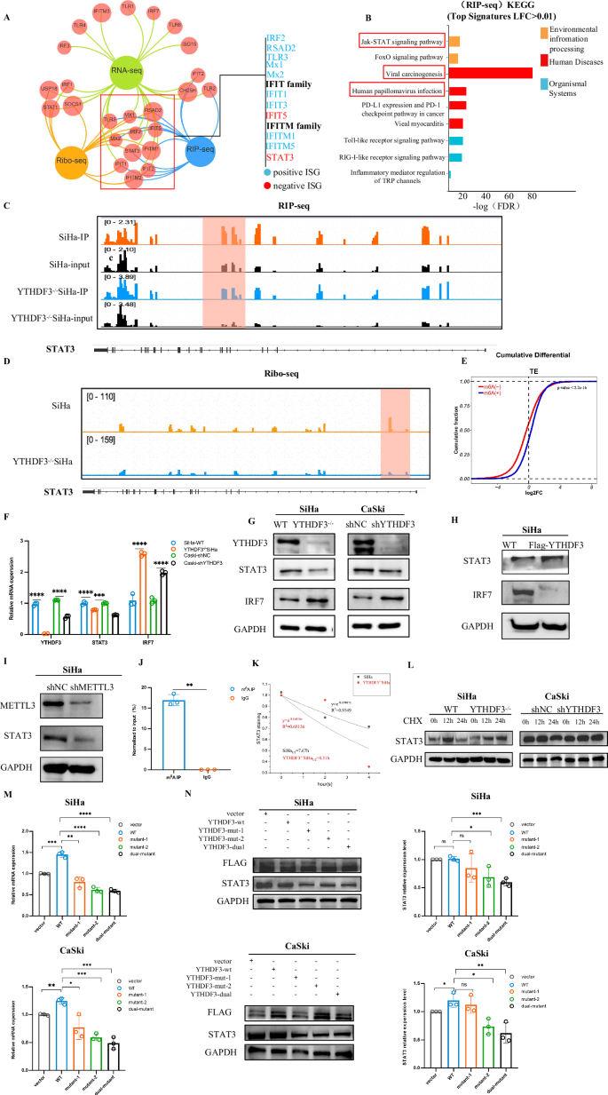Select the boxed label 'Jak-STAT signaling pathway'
click(x=400, y=41)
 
